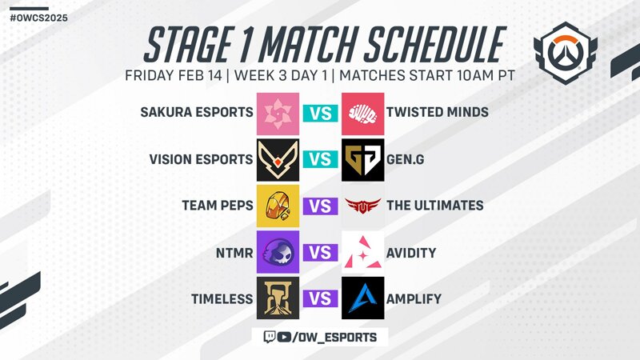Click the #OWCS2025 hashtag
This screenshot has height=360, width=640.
38,18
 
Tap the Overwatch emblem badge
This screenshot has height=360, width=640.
566,54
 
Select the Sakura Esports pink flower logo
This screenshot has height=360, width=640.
278,114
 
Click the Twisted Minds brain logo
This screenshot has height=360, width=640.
363,114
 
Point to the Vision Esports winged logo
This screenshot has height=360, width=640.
278,160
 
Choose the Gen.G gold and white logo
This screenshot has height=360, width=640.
363,160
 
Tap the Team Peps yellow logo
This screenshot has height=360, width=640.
278,206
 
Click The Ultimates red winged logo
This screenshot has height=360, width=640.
363,206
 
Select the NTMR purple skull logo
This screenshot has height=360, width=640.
278,252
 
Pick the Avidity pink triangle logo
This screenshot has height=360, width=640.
363,252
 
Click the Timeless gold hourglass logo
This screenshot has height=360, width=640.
278,298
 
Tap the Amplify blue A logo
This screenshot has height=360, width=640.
363,298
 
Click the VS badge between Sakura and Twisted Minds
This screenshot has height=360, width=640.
321,114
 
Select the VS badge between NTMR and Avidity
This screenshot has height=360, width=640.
321,253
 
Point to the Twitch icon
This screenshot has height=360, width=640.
270,337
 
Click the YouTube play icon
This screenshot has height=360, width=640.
284,337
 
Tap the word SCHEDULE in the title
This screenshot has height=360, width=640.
434,45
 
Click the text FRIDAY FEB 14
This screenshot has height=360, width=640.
174,75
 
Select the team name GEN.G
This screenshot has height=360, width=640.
406,159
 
